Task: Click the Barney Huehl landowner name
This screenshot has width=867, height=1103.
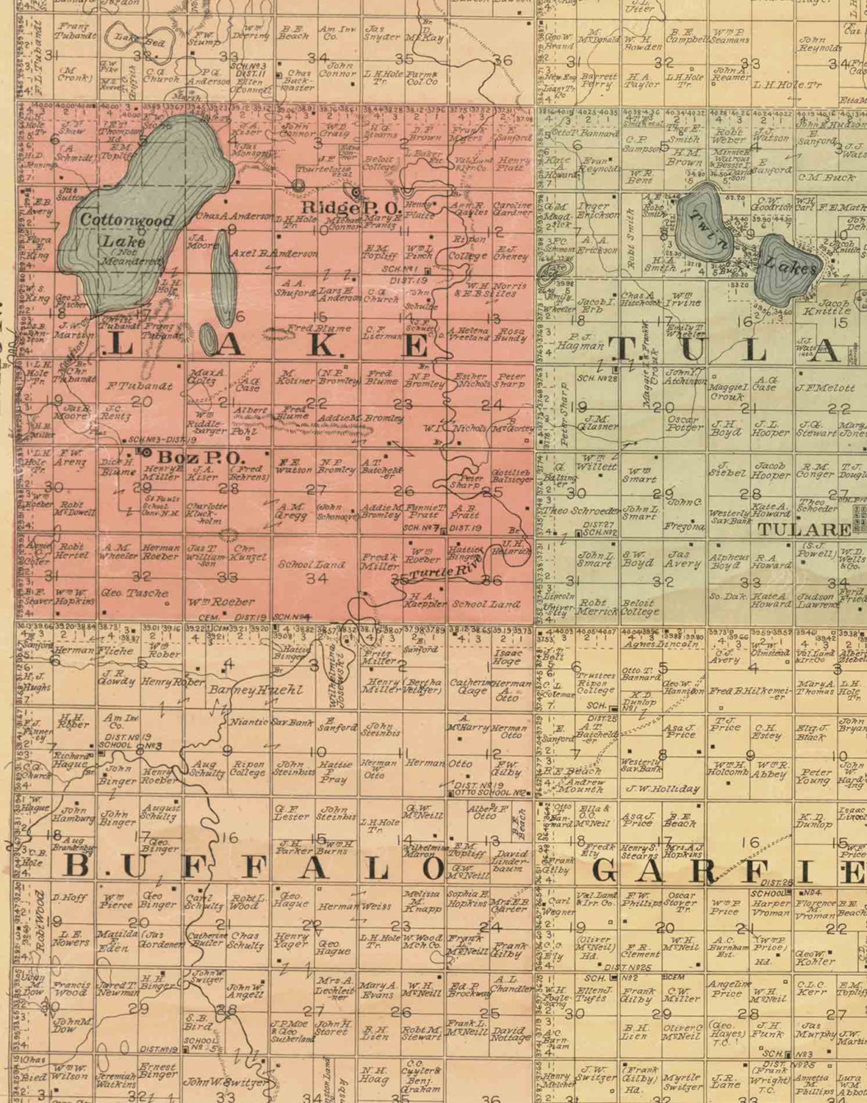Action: pyautogui.click(x=255, y=690)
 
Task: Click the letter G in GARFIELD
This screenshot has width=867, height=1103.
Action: pyautogui.click(x=604, y=871)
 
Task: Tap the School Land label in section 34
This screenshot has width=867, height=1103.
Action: pyautogui.click(x=311, y=565)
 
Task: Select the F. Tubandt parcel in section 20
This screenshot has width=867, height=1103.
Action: pyautogui.click(x=139, y=386)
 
